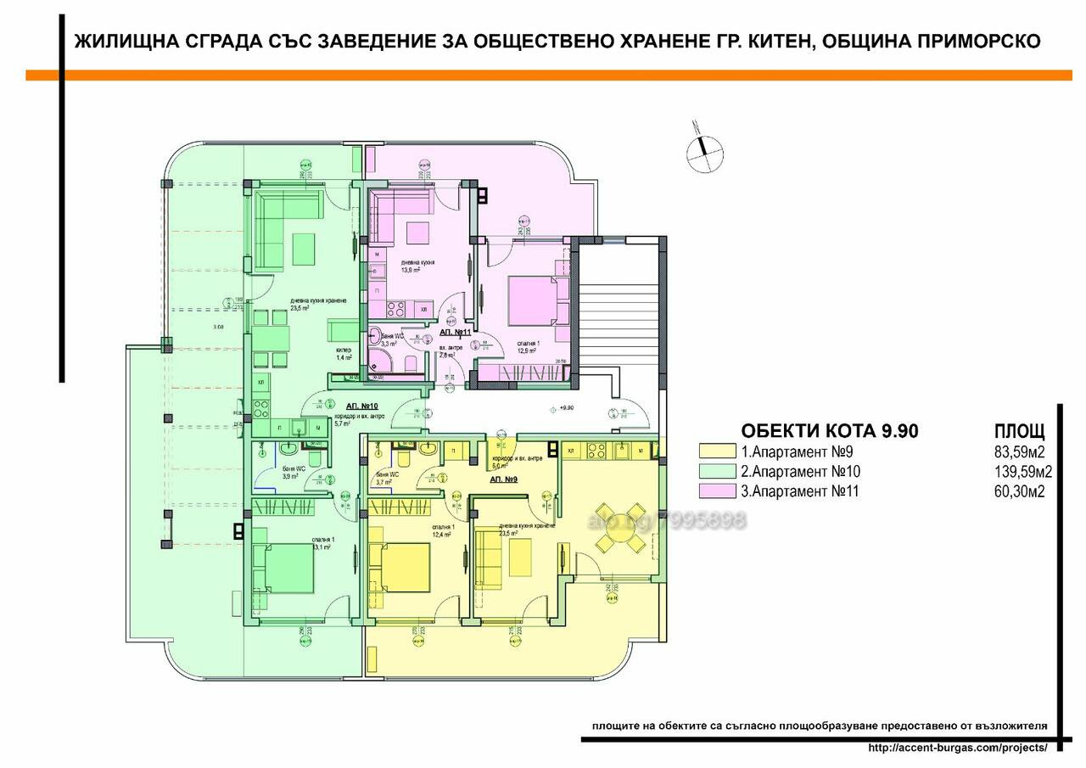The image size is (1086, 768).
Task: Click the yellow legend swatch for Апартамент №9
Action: click(x=716, y=451)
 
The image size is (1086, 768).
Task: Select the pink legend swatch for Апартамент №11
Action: click(x=716, y=491)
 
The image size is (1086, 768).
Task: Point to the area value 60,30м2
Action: click(x=1018, y=491)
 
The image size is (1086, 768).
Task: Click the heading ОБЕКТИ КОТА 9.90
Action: click(x=829, y=431)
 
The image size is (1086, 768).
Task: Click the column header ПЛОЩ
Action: click(x=1018, y=431)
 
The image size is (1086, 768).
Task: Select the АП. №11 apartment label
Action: click(x=455, y=333)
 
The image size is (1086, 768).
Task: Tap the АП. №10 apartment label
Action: click(x=361, y=406)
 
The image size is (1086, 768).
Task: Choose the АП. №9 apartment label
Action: click(x=506, y=479)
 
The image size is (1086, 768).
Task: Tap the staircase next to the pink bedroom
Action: click(x=618, y=314)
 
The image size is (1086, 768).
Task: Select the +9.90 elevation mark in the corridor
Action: click(x=563, y=406)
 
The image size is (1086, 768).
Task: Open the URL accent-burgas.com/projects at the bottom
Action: click(x=959, y=748)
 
